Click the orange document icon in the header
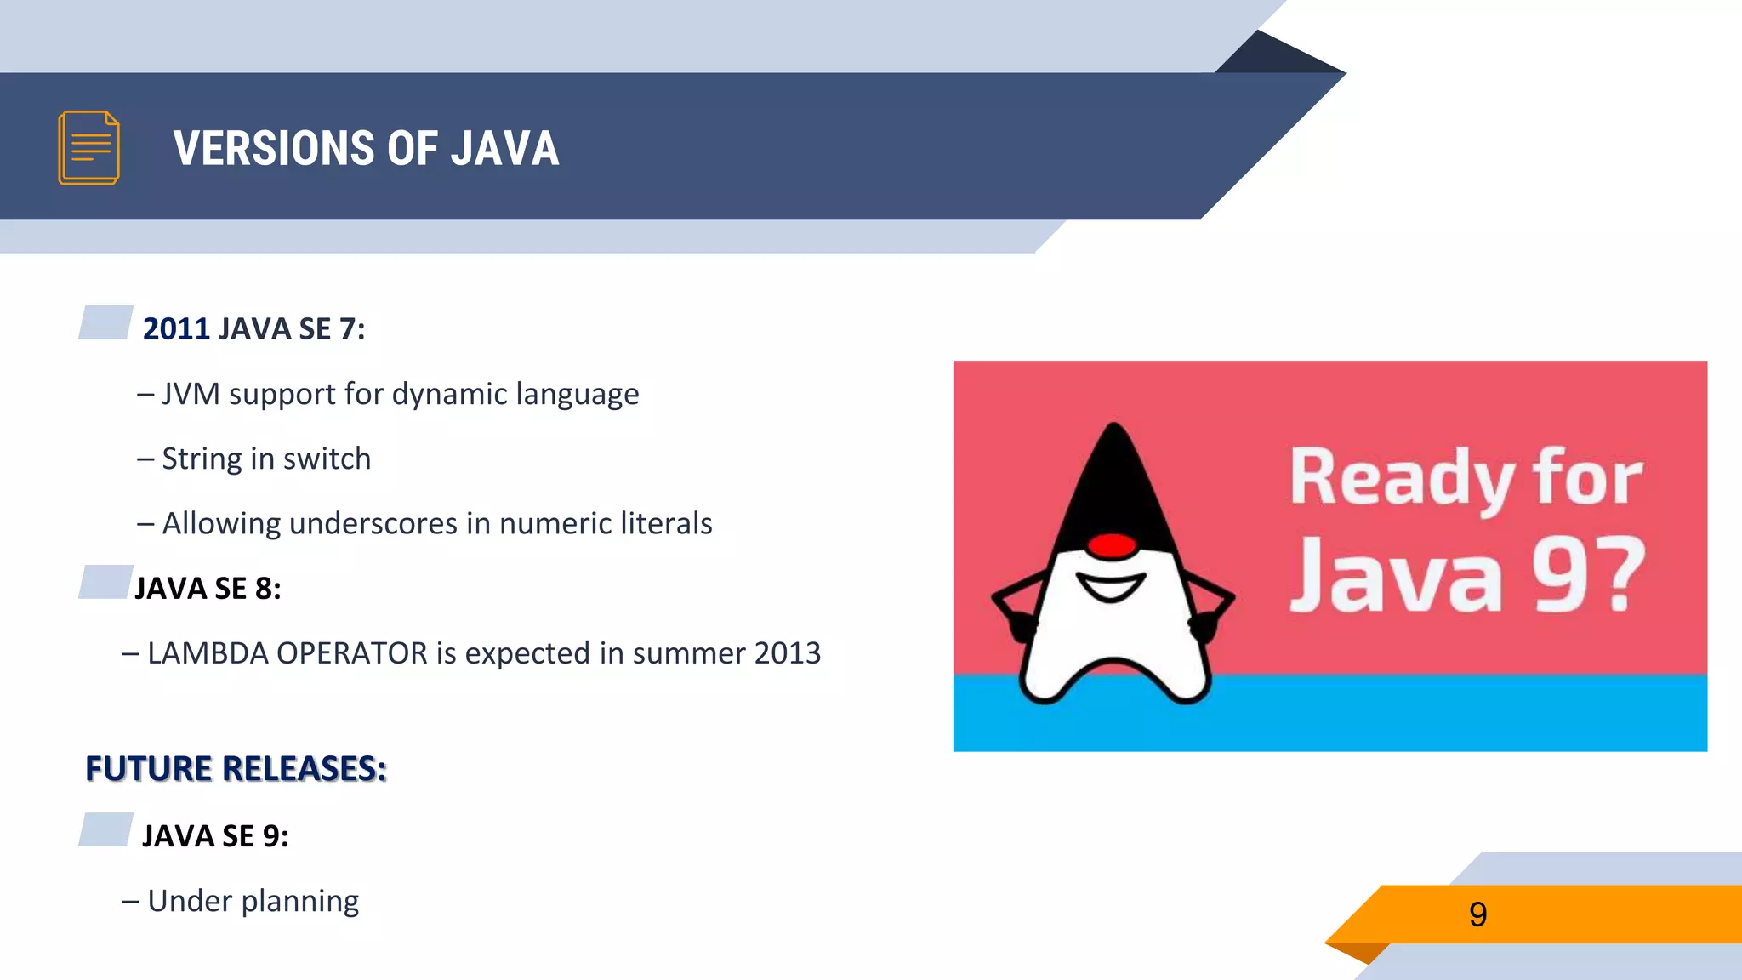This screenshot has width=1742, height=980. click(88, 148)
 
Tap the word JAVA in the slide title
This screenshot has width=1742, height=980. click(504, 149)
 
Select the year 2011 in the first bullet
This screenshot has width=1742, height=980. click(176, 329)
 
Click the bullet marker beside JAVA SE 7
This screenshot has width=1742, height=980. click(105, 322)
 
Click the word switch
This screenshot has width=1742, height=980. click(327, 459)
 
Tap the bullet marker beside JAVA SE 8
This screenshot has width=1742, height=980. click(105, 582)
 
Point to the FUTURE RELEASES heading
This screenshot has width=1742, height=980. click(236, 769)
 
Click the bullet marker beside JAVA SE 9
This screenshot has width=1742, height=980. click(105, 829)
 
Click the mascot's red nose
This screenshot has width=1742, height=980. click(1112, 545)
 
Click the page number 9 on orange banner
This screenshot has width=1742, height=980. click(1477, 914)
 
